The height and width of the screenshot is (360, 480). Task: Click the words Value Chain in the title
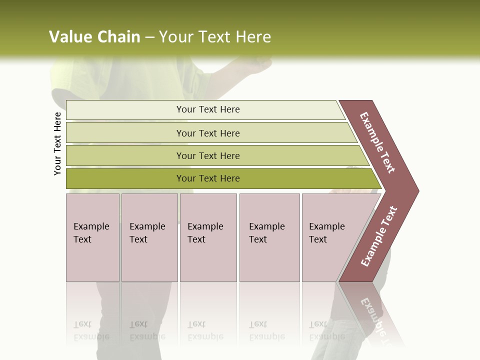point(94,36)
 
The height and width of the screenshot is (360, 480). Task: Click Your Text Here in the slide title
point(215,36)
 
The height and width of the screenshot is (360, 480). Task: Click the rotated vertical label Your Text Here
point(57,143)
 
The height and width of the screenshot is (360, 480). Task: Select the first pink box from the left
point(92,237)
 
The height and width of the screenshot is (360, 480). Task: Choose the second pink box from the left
point(149,237)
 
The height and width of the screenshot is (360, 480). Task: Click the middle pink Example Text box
point(208,237)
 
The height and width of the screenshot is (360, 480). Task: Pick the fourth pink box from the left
point(269,237)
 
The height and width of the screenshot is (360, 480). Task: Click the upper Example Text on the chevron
point(378,142)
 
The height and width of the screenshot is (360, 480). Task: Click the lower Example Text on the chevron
point(379,236)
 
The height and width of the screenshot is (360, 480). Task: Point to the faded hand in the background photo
point(257,65)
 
